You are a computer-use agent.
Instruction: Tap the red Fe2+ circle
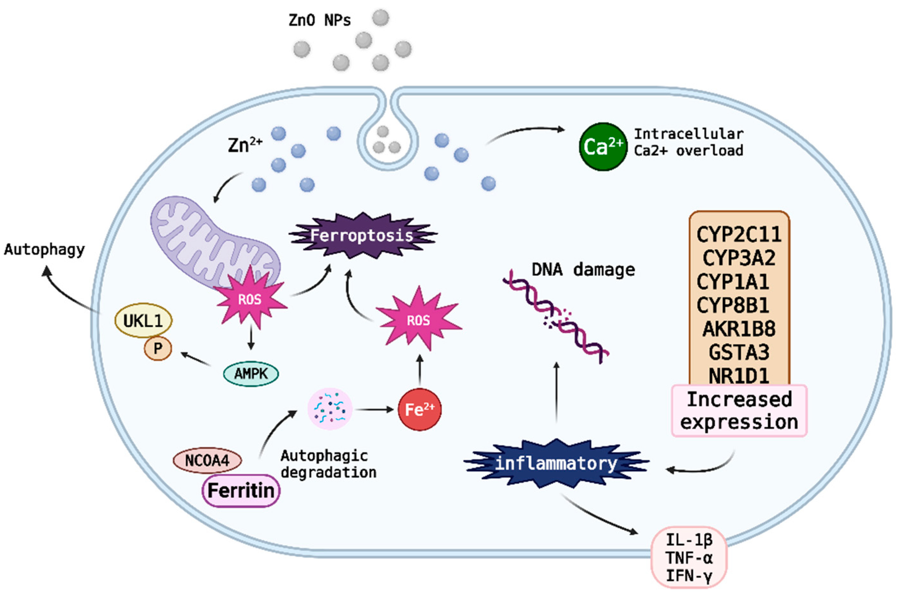[x=419, y=410]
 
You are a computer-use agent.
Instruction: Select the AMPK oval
[x=250, y=374]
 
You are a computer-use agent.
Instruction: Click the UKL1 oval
[x=144, y=321]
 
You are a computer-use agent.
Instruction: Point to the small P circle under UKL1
[x=158, y=348]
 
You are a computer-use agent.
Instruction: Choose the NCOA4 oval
[x=207, y=461]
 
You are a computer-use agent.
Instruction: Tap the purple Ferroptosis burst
[x=362, y=235]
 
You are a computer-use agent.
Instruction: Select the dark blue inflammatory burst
[x=556, y=463]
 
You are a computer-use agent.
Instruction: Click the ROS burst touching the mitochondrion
[x=250, y=299]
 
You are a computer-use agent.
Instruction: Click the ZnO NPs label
[x=320, y=20]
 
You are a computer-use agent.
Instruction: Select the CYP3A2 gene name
[x=738, y=258]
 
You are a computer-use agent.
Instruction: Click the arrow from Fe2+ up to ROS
[x=419, y=371]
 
